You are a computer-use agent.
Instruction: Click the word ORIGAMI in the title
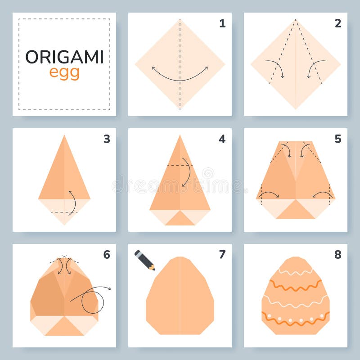(x=64, y=57)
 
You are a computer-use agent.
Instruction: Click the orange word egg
(x=64, y=72)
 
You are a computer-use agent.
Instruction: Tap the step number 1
(x=222, y=23)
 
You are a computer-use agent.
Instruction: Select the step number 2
(x=337, y=23)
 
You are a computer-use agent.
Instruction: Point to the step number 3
(x=107, y=139)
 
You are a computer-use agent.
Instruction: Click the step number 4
(x=222, y=139)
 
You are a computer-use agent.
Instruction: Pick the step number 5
(x=337, y=139)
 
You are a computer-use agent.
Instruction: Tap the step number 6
(x=107, y=255)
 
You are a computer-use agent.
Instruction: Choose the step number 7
(x=222, y=255)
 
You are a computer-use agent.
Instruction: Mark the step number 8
(x=337, y=255)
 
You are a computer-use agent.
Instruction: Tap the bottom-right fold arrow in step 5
(x=323, y=194)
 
